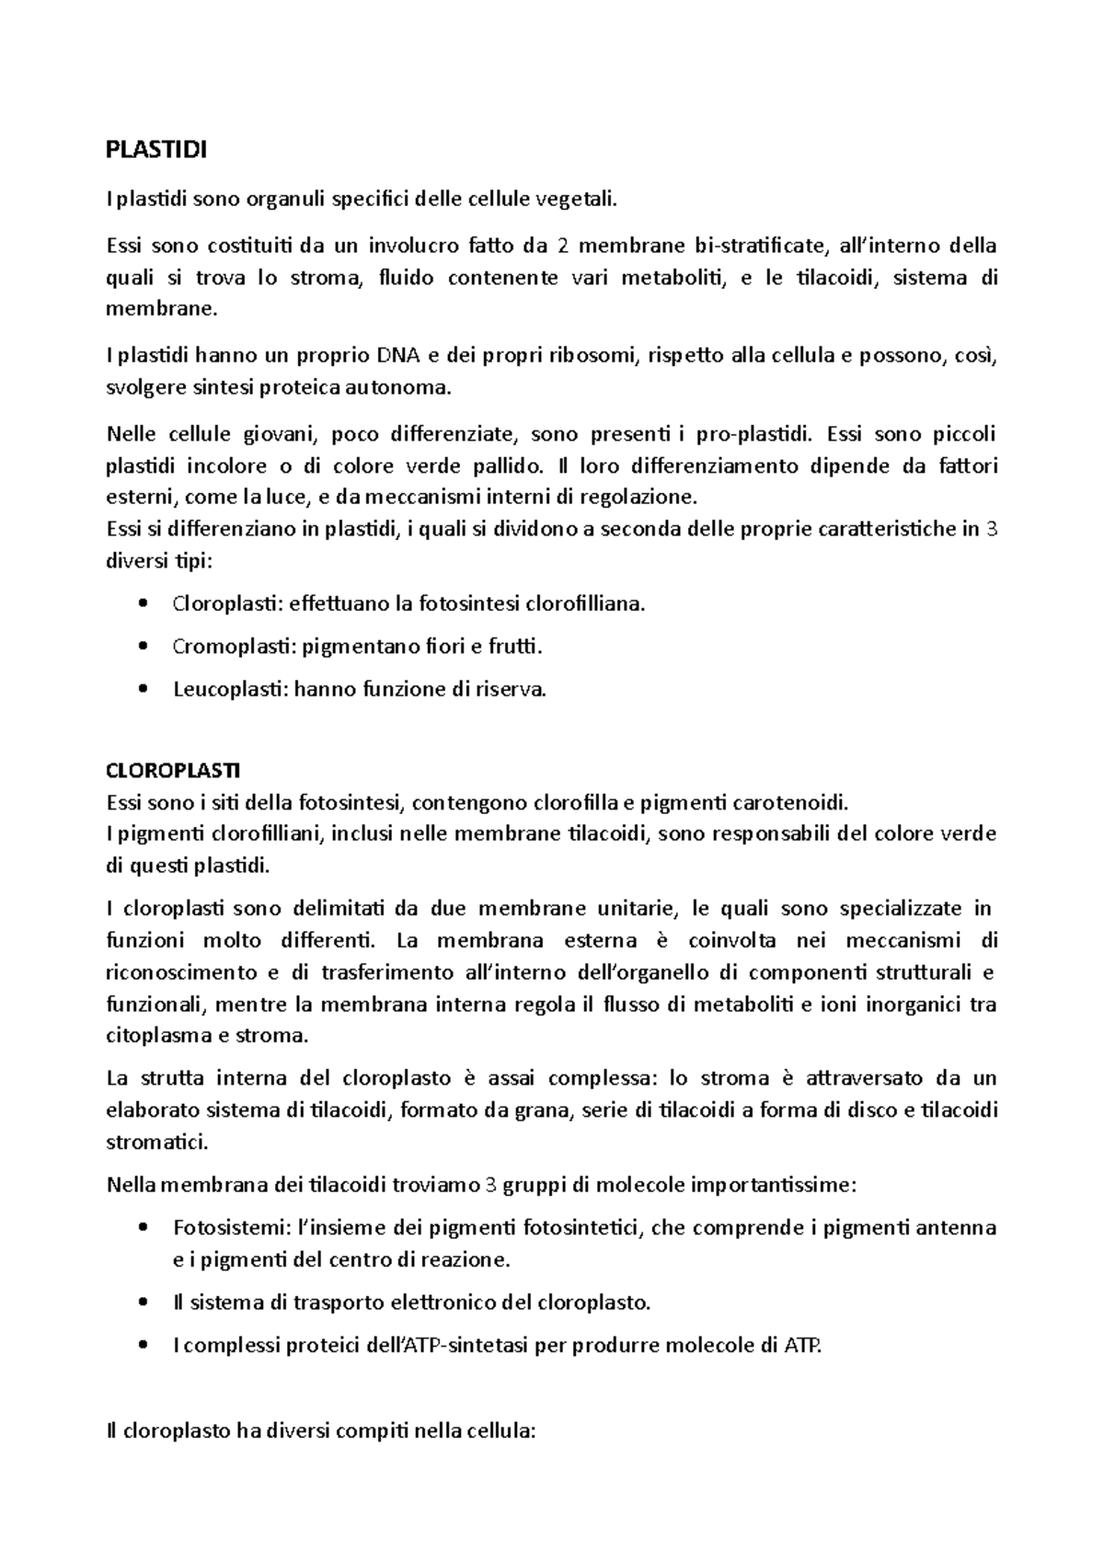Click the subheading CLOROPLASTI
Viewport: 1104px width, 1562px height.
click(x=173, y=769)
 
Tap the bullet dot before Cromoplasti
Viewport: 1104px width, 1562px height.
click(x=142, y=647)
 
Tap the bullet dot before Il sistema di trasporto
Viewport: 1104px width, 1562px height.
click(x=142, y=1303)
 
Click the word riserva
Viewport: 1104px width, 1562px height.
click(x=512, y=689)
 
